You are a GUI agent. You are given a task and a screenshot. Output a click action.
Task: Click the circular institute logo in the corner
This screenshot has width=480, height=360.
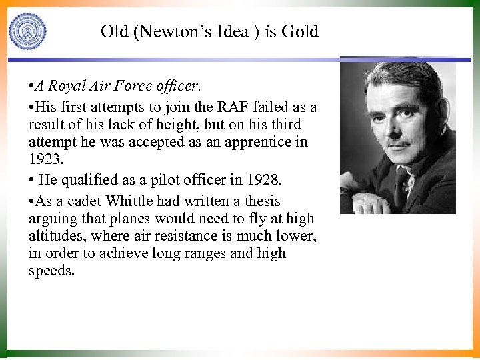point(28,31)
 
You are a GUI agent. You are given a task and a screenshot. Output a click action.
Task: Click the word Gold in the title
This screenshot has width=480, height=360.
point(300,31)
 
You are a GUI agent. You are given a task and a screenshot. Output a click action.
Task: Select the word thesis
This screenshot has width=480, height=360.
point(261,201)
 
